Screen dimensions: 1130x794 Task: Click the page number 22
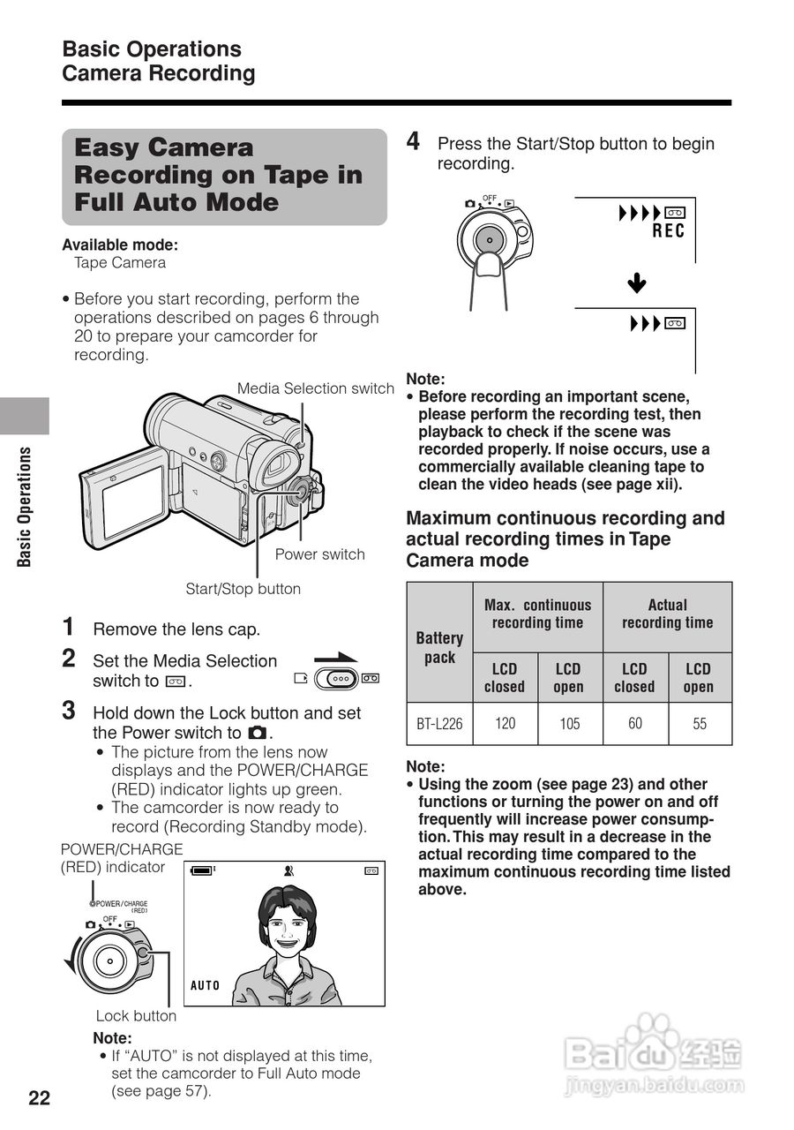[x=40, y=1098]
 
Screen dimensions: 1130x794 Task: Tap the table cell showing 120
[x=506, y=724]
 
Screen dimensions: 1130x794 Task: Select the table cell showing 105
[x=570, y=724]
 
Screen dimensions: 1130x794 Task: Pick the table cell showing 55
[x=700, y=724]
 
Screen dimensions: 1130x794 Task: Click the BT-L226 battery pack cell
[x=439, y=725]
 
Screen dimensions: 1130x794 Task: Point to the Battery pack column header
[x=439, y=647]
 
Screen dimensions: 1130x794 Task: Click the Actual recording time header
[x=667, y=614]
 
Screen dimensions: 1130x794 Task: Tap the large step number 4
[x=413, y=141]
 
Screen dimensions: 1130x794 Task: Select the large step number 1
[x=68, y=627]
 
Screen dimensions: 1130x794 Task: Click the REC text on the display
[x=668, y=231]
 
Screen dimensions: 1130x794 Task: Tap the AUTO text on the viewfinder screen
[x=206, y=985]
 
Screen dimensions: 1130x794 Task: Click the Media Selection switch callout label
[x=315, y=388]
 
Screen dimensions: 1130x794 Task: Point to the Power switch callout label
[x=319, y=554]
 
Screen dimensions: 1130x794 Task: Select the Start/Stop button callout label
[x=243, y=589]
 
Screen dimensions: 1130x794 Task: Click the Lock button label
[x=136, y=1015]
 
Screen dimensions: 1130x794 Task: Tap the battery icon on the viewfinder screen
[x=203, y=870]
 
